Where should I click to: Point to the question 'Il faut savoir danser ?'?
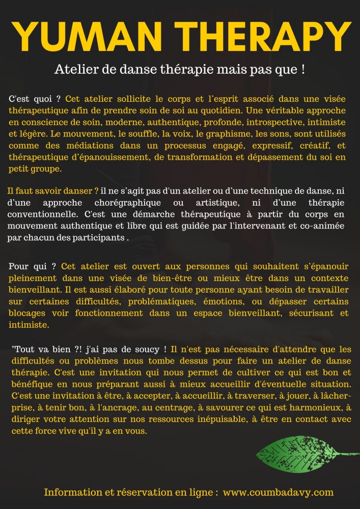click(53, 191)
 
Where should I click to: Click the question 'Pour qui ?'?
click(34, 266)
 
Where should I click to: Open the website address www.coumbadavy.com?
click(278, 492)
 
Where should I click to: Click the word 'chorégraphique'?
click(109, 203)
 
